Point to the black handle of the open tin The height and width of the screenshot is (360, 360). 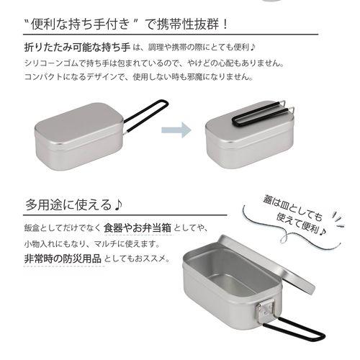point(295,335)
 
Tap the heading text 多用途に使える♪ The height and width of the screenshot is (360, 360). point(68,204)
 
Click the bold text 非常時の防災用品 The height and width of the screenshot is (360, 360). point(63,257)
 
